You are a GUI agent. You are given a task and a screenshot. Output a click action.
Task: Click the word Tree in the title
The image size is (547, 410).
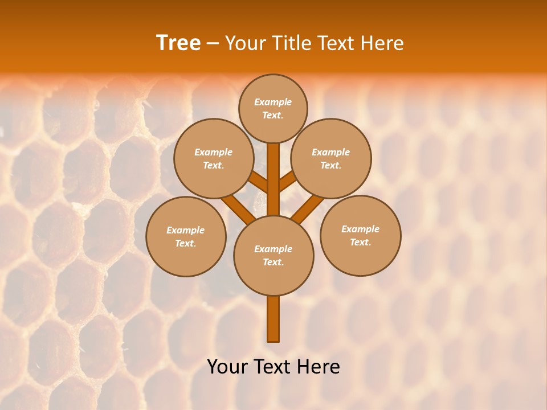pos(178,43)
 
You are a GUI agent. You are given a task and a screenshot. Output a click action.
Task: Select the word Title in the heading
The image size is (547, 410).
pos(289,43)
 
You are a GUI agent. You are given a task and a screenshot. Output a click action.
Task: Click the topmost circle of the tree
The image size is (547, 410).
pos(273,108)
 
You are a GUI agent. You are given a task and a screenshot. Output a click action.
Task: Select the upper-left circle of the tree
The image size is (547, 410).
pos(213,158)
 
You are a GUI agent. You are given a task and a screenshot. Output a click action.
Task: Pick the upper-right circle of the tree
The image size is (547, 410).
pos(331,158)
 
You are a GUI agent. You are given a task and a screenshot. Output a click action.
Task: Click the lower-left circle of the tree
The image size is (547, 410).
pos(186,236)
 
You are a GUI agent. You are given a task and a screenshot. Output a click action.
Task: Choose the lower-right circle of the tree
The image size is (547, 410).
pos(360,235)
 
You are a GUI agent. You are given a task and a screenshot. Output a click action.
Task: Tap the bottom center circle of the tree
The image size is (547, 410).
pos(273,256)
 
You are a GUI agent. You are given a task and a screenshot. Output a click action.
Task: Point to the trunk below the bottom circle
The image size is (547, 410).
pos(273,319)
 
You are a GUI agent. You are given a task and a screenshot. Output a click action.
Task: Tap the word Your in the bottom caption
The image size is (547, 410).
pos(227,367)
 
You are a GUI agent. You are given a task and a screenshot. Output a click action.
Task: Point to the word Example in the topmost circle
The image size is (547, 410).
pos(273,102)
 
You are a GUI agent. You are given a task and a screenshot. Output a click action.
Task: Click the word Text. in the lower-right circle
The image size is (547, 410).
pos(360,242)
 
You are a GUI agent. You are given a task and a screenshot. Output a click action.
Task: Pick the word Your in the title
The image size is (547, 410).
pos(245,43)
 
